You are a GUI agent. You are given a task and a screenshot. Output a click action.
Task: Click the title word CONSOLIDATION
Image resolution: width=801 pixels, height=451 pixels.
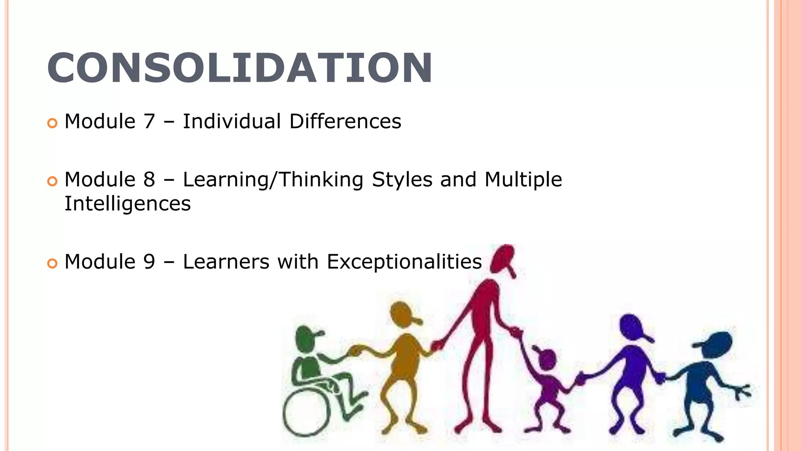click(239, 68)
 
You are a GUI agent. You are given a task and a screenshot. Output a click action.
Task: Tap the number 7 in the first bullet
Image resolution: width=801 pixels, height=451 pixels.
click(149, 121)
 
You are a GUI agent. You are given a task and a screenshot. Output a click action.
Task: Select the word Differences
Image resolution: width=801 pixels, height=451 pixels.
click(345, 121)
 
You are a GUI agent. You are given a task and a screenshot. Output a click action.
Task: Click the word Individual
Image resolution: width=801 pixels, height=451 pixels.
click(232, 121)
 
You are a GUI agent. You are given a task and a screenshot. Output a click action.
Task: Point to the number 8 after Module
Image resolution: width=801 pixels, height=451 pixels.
click(149, 180)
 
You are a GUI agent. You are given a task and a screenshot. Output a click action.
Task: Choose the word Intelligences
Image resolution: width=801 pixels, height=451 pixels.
click(128, 204)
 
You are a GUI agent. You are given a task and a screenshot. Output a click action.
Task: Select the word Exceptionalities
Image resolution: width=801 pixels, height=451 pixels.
click(404, 262)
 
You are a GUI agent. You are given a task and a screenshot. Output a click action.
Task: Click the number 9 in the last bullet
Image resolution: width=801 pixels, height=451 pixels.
click(149, 262)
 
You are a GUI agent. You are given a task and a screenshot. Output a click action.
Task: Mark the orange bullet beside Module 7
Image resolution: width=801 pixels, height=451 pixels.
click(52, 123)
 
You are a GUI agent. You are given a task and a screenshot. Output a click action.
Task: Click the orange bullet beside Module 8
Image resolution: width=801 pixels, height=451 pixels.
click(52, 181)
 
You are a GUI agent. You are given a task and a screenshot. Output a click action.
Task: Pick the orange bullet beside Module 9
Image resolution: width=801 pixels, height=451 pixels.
click(52, 263)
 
